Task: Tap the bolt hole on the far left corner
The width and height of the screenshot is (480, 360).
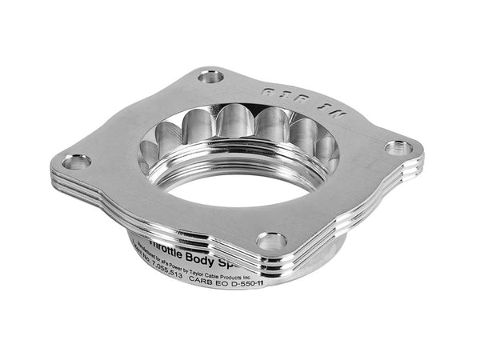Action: coord(77,162)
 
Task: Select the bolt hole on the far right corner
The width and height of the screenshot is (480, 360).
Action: coord(398,147)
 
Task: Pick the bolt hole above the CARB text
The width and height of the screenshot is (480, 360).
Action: coord(272,239)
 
